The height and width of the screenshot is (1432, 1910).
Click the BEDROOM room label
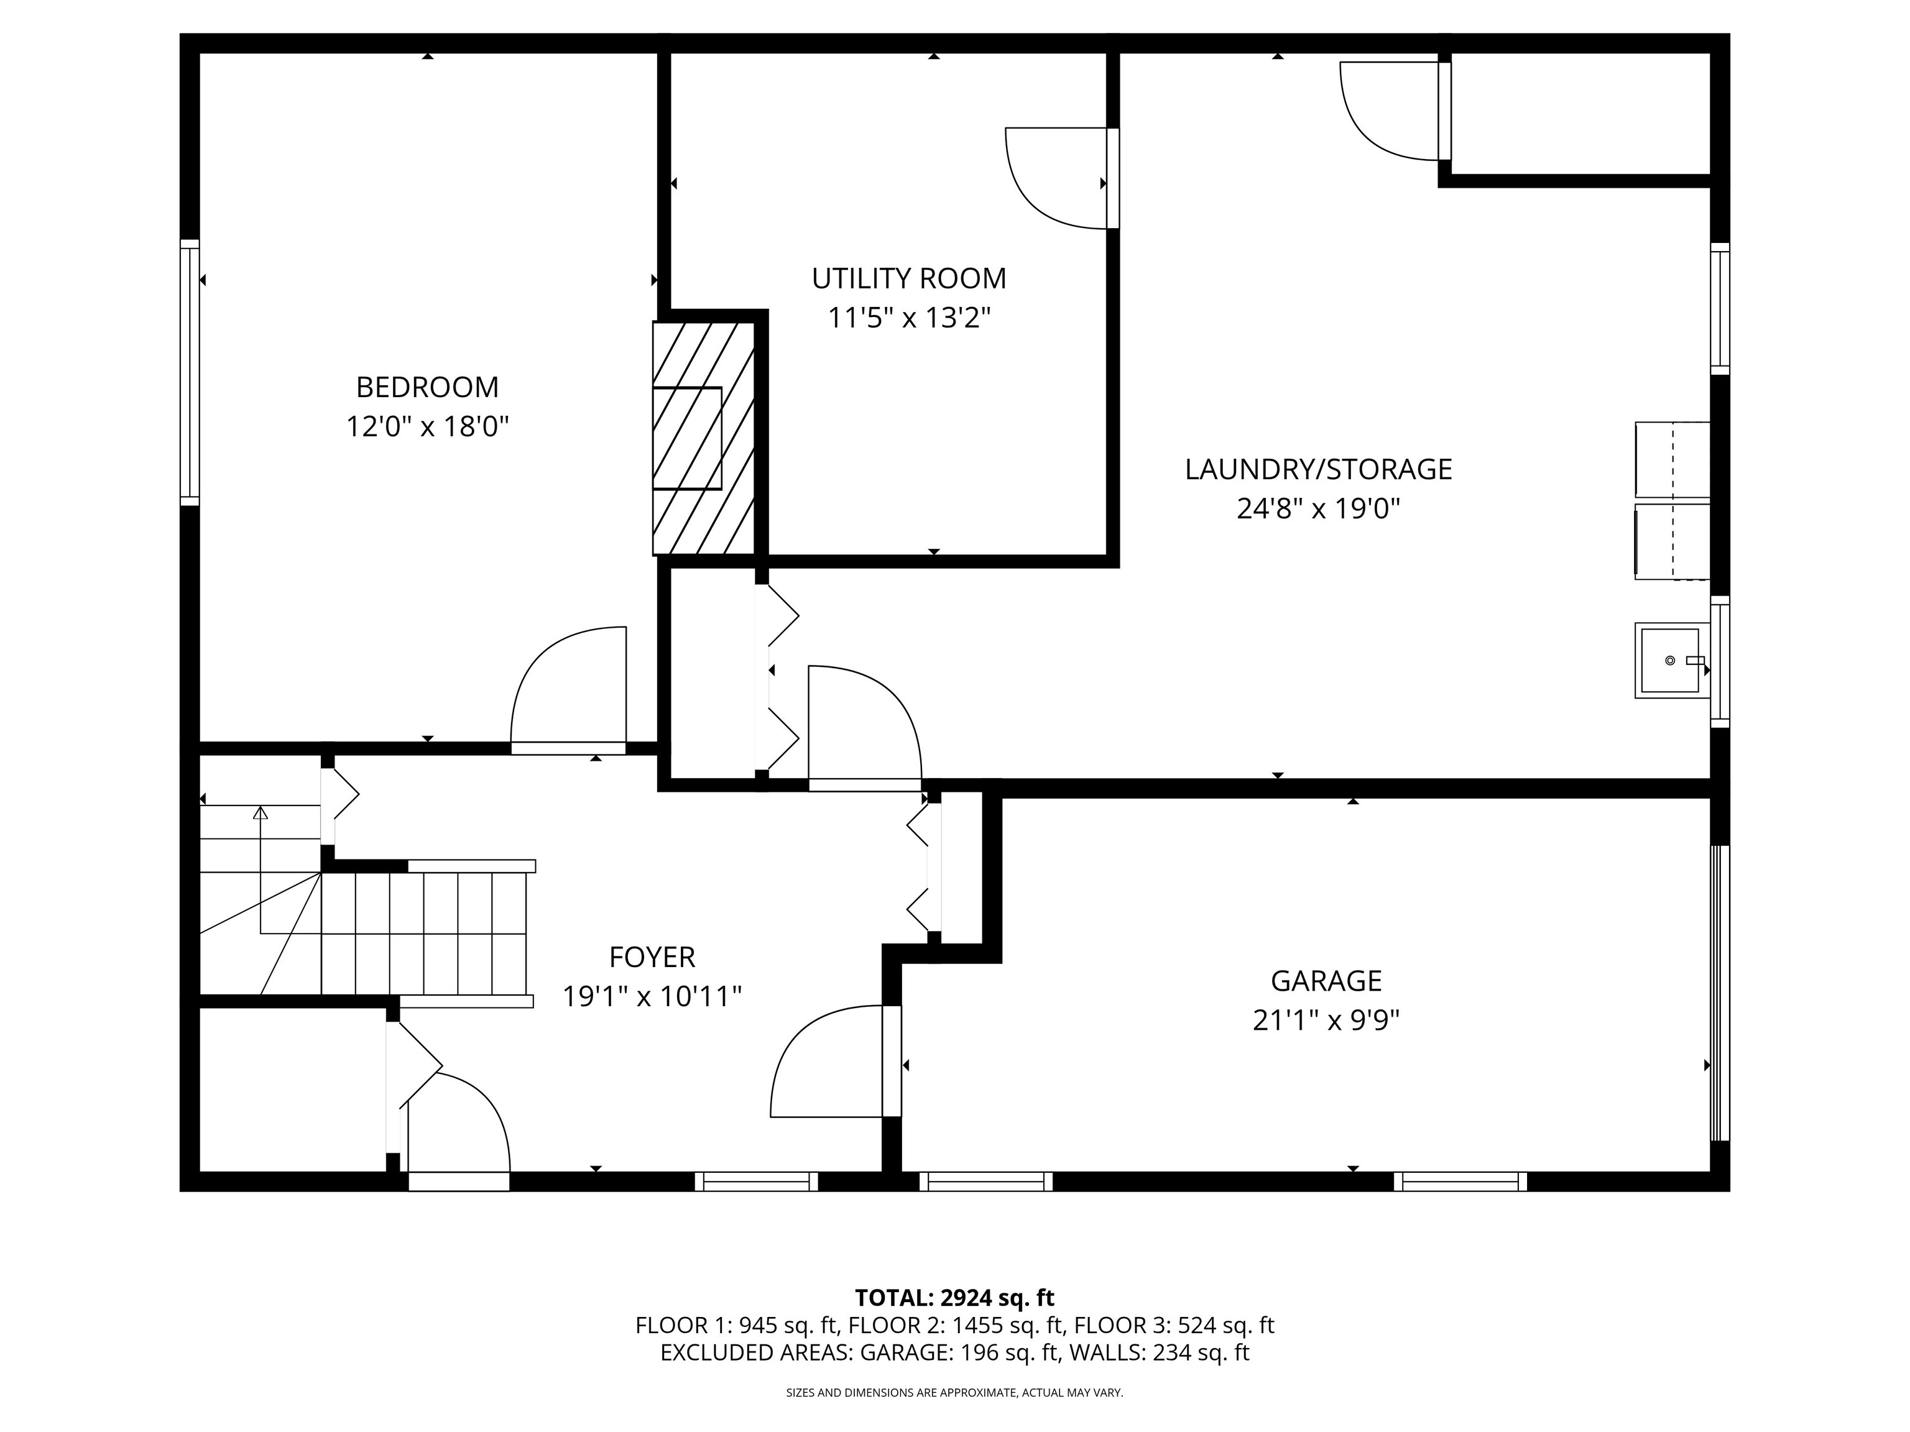click(427, 387)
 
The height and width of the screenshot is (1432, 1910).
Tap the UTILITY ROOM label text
click(908, 278)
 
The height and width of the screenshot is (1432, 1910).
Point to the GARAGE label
click(1326, 981)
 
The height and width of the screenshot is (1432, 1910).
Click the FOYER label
click(652, 957)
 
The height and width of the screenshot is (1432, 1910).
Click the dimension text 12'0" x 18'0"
click(427, 426)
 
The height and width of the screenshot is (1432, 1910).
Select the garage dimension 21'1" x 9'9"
click(1326, 1021)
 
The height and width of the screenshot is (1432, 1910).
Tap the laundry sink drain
click(1670, 660)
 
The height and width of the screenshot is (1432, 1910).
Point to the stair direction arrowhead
click(260, 812)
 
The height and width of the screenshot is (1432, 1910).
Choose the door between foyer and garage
click(891, 1062)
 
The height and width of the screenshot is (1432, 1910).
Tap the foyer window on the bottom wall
click(757, 1181)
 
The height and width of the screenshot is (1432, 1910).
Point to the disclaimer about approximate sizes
click(954, 1392)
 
